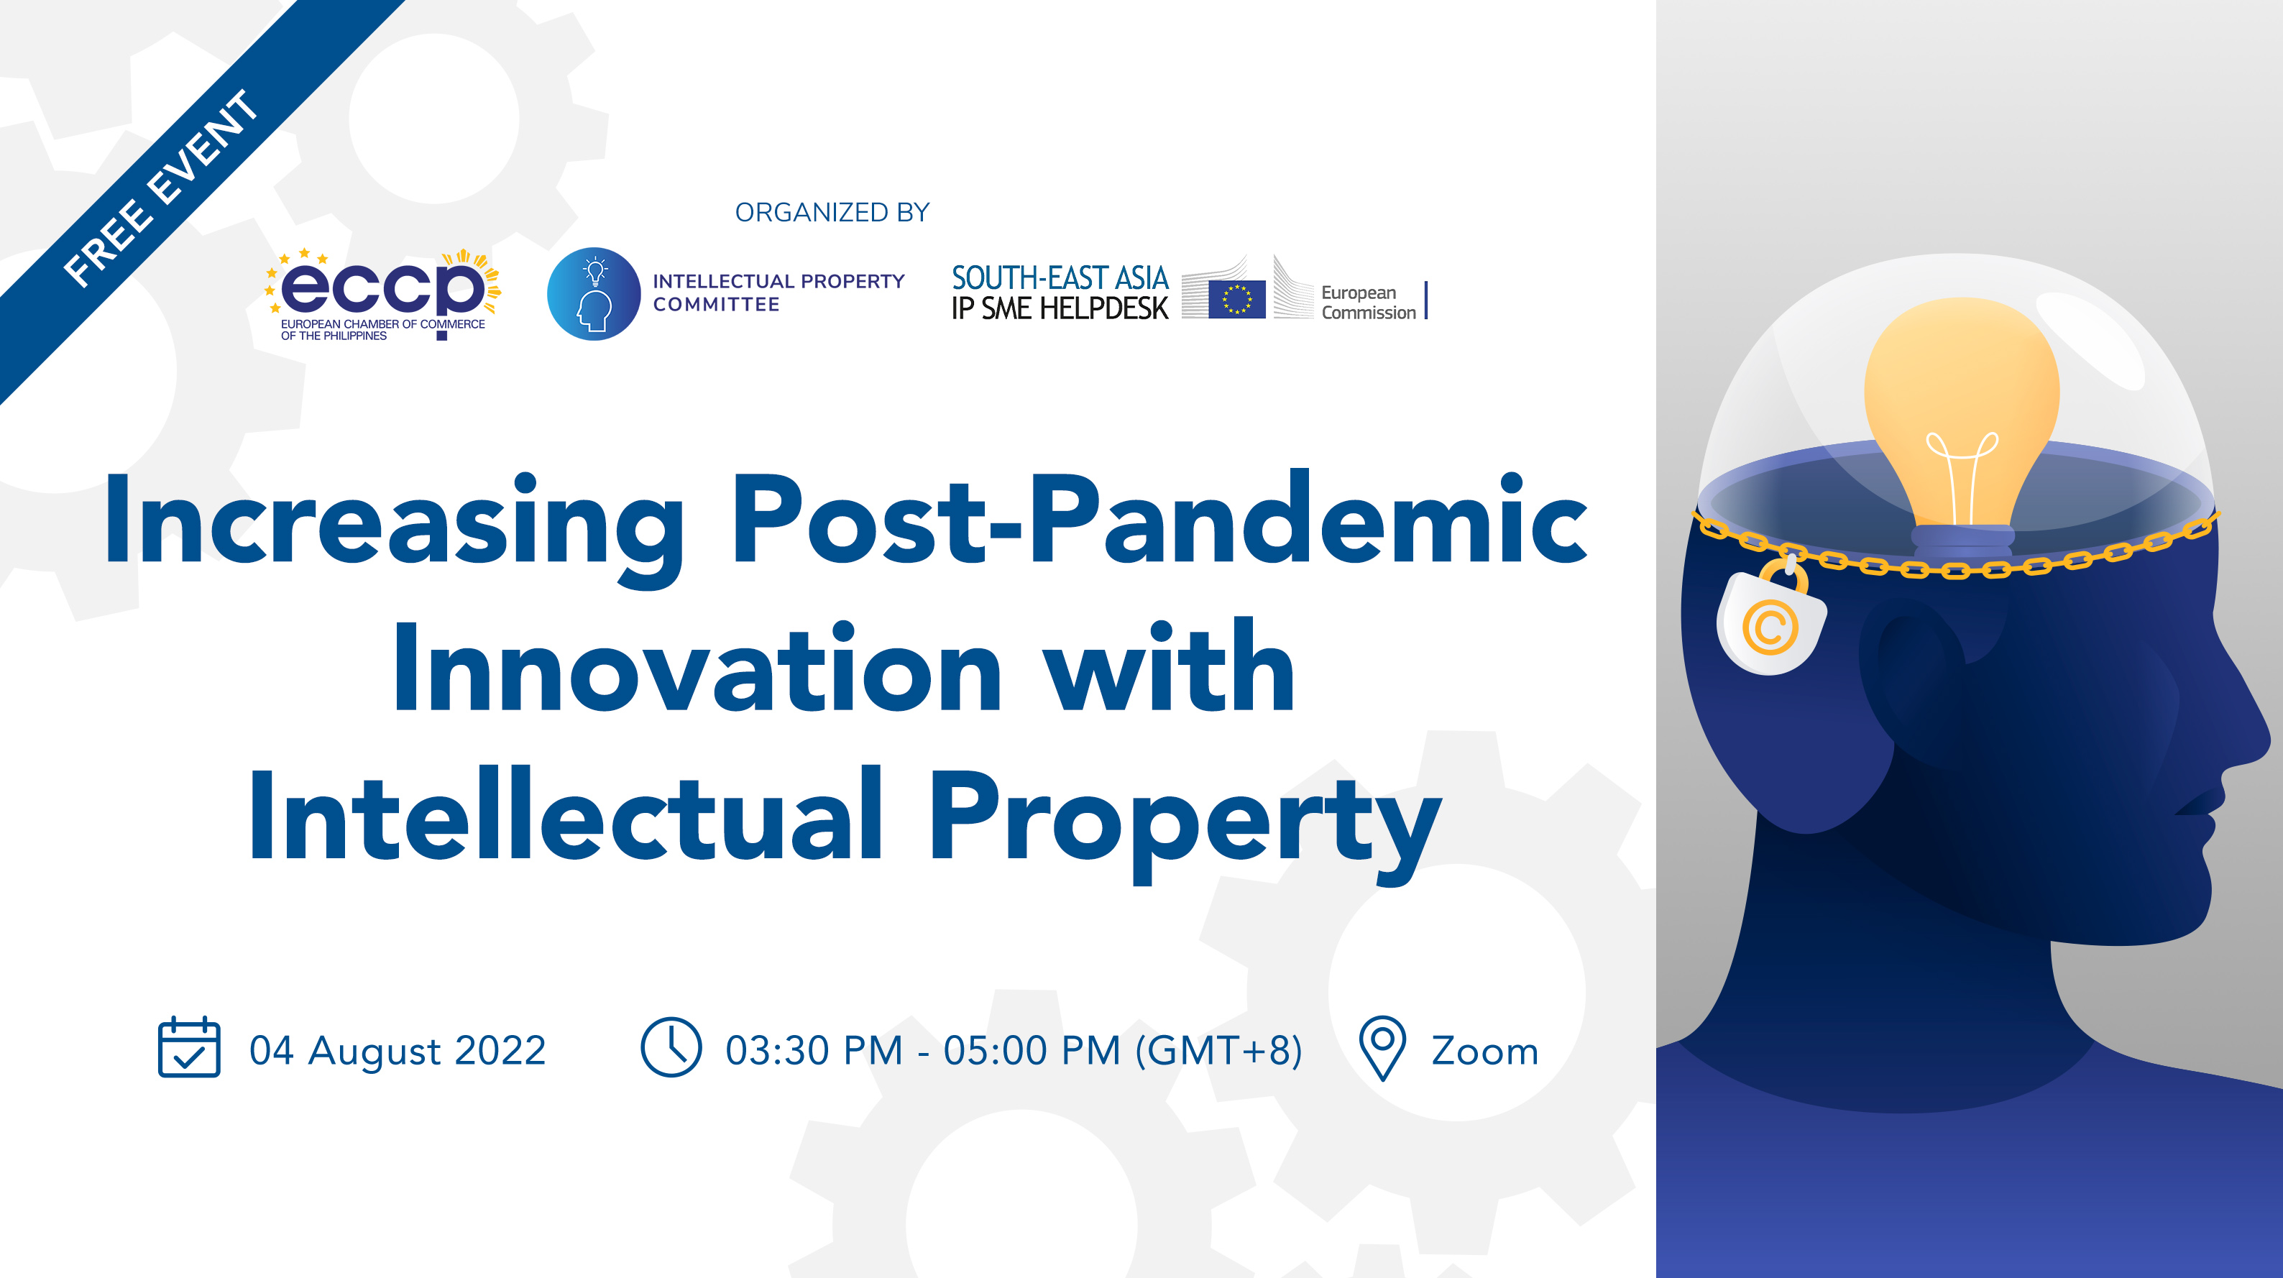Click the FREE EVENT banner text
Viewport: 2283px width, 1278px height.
[161, 189]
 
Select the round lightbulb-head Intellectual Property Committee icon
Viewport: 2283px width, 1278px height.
[594, 293]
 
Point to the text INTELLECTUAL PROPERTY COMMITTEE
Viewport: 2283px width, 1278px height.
[778, 293]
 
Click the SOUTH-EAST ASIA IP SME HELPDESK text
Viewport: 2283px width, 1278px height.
[1060, 293]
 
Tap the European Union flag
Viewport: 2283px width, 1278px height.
[1236, 299]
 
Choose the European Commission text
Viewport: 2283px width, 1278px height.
[1369, 302]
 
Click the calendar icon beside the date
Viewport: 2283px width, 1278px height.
[189, 1047]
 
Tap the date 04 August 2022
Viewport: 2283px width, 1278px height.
[397, 1050]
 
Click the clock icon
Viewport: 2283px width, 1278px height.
[671, 1047]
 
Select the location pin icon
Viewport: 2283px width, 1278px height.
[1382, 1047]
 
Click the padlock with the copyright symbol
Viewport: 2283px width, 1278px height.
[1770, 619]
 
